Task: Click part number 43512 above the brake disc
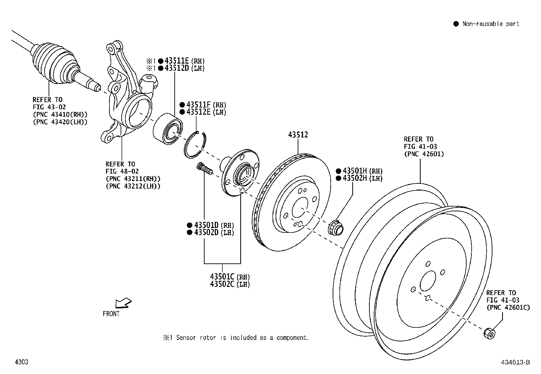point(298,135)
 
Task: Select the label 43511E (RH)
point(184,61)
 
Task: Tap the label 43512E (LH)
point(203,112)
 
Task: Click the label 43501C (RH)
point(229,277)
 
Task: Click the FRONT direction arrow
point(123,303)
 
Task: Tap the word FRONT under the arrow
point(111,314)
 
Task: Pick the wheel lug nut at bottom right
point(489,333)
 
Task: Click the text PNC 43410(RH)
point(60,114)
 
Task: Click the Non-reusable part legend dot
point(456,24)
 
